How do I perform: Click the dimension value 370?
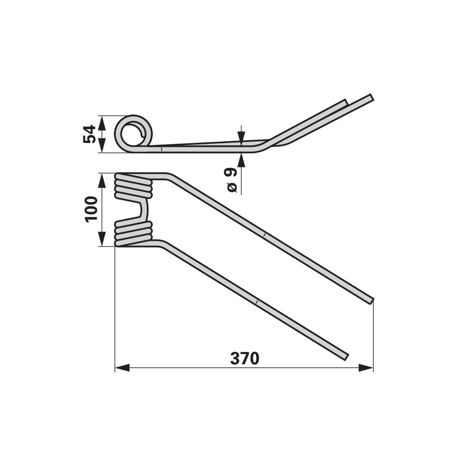245,358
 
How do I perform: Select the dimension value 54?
89,134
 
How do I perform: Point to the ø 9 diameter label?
232,180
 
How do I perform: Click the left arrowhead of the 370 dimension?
122,368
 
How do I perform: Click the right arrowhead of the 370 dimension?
366,368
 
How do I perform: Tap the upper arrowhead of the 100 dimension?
102,180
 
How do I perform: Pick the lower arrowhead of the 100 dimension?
102,239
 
